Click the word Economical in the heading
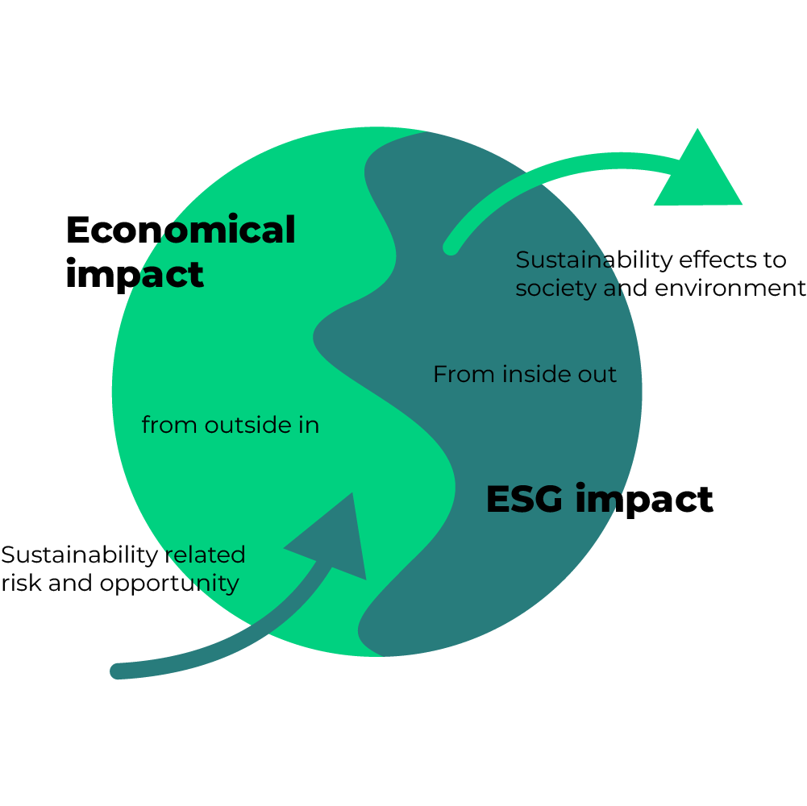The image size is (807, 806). tap(181, 231)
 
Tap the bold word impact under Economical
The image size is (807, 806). tap(134, 274)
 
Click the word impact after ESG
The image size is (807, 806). tap(645, 501)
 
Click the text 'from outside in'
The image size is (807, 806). tap(231, 425)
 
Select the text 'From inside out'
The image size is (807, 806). tap(525, 375)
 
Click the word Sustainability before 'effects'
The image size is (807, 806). tap(593, 260)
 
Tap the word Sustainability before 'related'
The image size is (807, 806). tap(78, 555)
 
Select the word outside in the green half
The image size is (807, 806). tap(243, 425)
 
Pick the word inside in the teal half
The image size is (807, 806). tap(532, 375)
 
